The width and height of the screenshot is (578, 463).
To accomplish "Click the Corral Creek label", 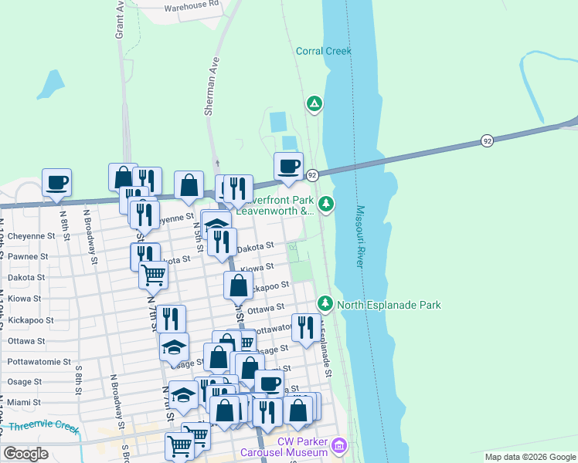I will (x=324, y=52).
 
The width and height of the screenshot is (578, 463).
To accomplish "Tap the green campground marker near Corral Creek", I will (x=314, y=103).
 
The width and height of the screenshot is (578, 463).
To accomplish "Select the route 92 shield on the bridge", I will (x=487, y=140).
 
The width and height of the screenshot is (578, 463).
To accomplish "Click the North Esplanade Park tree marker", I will (x=326, y=304).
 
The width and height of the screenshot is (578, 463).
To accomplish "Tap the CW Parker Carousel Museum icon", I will (x=338, y=445).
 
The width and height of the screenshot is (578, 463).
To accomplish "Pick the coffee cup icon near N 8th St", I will (x=56, y=183).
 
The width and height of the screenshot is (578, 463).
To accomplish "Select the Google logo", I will (x=25, y=453).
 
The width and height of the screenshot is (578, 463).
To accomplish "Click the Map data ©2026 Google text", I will (x=530, y=457).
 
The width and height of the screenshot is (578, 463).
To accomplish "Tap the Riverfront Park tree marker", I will (x=326, y=204).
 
